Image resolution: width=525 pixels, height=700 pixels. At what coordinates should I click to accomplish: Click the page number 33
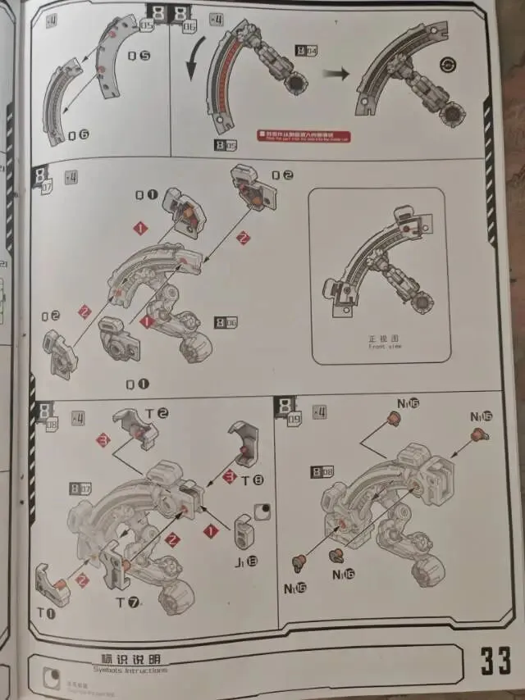(495, 660)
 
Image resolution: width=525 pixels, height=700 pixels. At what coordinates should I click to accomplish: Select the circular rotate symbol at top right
(448, 65)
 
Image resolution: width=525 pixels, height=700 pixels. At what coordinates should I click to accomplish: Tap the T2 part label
(157, 414)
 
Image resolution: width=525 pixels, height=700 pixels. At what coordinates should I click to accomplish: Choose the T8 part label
(257, 480)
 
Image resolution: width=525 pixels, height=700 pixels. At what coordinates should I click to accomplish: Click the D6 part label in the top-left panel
(79, 135)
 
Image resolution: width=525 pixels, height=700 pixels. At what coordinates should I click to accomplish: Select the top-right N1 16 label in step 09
(481, 416)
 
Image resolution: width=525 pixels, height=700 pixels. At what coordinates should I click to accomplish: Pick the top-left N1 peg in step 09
(393, 420)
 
